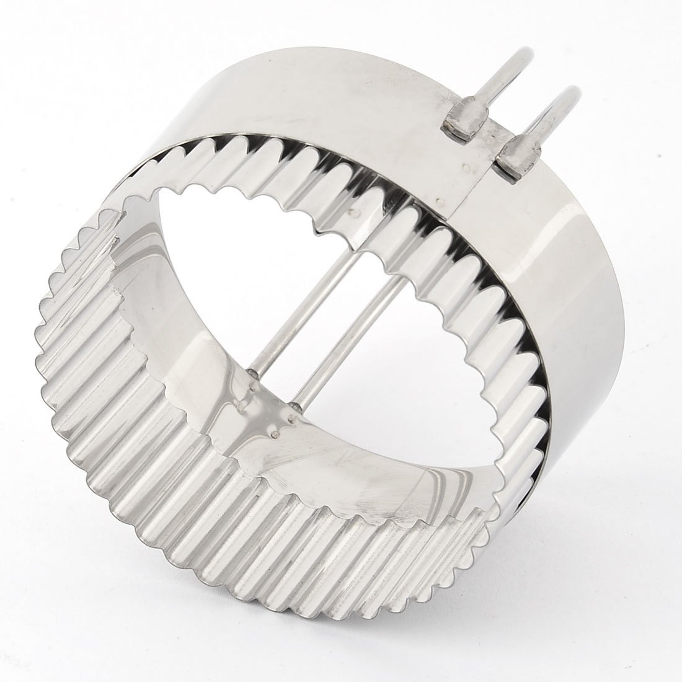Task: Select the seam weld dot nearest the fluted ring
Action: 438,200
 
